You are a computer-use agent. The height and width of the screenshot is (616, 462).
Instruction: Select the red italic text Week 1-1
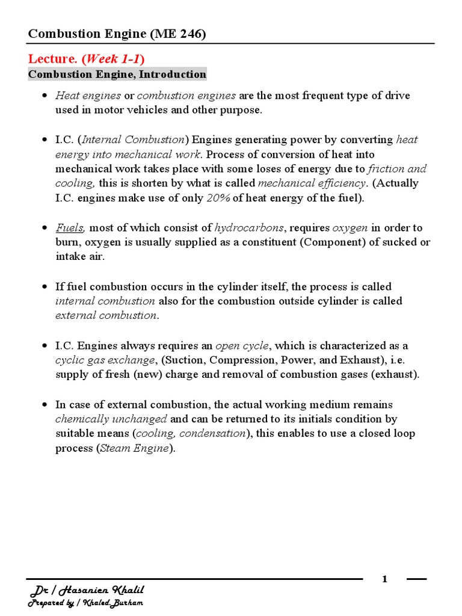[113, 58]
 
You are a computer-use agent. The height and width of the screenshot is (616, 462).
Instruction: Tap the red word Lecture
[54, 58]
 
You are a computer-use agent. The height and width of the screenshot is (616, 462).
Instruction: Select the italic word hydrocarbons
[248, 227]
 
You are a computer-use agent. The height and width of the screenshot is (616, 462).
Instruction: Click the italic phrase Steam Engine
[134, 448]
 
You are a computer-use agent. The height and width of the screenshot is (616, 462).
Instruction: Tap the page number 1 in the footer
[385, 579]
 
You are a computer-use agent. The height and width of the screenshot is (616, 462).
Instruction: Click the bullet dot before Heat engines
[45, 96]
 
